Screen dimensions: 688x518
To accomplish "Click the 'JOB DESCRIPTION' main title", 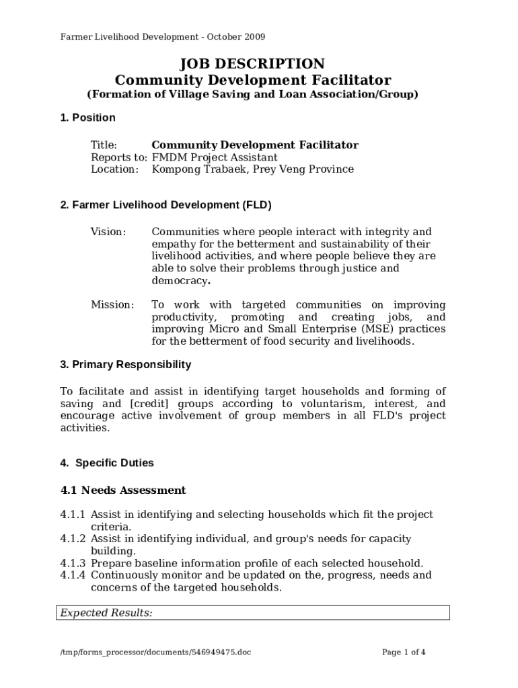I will click(252, 64).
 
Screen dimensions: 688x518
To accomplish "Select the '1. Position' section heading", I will click(87, 118).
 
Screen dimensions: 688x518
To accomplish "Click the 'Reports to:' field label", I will click(119, 157).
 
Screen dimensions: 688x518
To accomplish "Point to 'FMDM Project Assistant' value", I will click(215, 157).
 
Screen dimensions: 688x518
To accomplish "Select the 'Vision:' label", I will click(108, 232).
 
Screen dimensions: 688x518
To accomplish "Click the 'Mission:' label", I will click(112, 305).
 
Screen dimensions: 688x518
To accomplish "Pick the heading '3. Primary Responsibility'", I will click(126, 365).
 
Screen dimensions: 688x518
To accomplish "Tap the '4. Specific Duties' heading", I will click(107, 463).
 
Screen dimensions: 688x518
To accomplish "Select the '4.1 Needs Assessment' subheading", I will click(123, 490).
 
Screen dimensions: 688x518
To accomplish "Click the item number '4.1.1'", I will click(73, 515).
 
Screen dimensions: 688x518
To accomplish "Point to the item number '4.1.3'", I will click(73, 563).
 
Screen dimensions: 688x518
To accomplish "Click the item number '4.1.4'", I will click(73, 575).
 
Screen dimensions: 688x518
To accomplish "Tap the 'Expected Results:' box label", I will click(106, 613).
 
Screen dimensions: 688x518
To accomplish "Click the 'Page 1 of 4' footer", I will click(404, 652).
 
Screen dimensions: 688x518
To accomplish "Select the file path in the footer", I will click(155, 652).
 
